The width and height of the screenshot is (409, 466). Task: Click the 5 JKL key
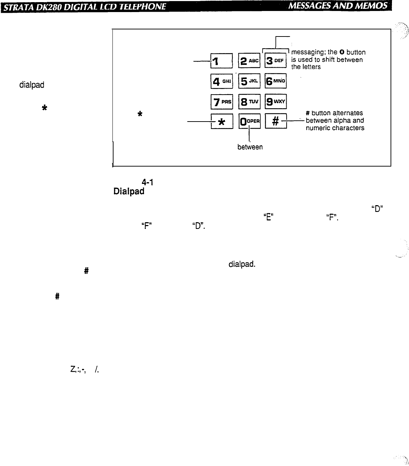(x=249, y=81)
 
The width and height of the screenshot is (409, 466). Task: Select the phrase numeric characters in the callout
(x=335, y=128)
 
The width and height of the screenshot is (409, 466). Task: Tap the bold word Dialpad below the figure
(x=129, y=191)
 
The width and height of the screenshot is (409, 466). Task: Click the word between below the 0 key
(x=250, y=147)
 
